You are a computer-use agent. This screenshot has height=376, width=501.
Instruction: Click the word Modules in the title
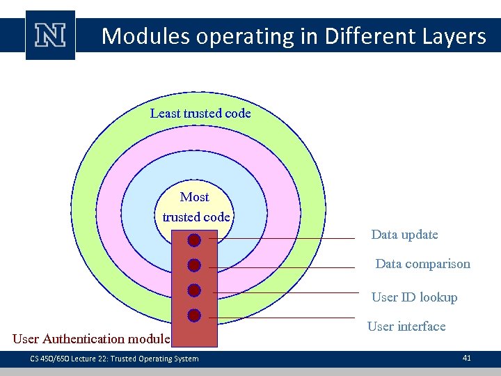(x=146, y=36)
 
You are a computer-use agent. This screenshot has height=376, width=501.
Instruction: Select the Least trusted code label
(x=200, y=113)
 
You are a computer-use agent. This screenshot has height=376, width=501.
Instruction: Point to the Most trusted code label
(x=196, y=207)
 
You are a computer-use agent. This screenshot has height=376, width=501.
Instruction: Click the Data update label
(x=404, y=235)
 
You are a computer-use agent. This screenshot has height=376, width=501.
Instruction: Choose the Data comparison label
(x=422, y=264)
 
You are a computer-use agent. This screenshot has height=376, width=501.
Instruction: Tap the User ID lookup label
(x=414, y=297)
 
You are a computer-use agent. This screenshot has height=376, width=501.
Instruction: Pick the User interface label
(x=406, y=327)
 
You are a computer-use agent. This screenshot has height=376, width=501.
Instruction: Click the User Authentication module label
(x=91, y=339)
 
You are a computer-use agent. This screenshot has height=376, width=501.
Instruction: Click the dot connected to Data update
(x=194, y=240)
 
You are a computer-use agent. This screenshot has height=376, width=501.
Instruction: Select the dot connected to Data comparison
(x=194, y=265)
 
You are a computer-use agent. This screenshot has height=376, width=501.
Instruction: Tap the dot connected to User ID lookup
(x=194, y=290)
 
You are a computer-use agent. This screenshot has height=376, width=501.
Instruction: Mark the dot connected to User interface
(x=194, y=315)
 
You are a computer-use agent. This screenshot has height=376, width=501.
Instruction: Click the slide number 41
(x=466, y=358)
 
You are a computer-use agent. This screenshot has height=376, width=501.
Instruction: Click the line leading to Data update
(x=285, y=239)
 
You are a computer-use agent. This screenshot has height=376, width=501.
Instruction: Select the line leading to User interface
(x=285, y=318)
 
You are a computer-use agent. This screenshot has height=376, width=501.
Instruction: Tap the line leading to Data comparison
(x=285, y=267)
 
